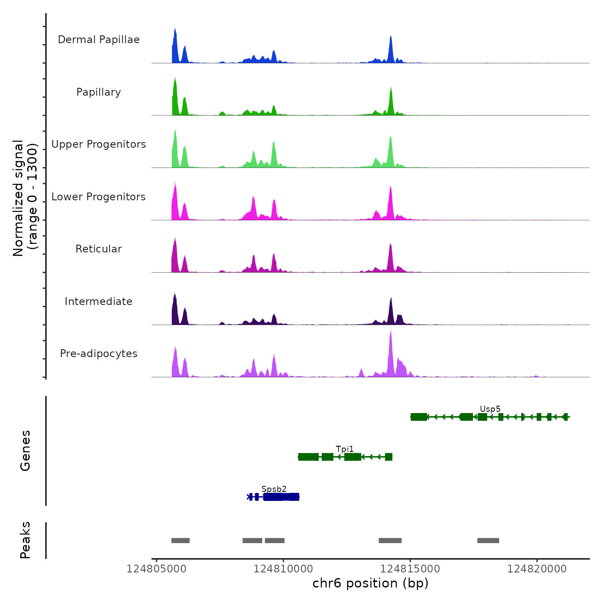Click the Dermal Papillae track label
tap(99, 40)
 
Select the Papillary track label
tap(99, 92)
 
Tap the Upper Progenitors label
tap(99, 144)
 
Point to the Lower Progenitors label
tap(99, 197)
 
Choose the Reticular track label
tap(99, 249)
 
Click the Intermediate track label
tap(99, 301)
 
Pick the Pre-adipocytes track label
tap(99, 354)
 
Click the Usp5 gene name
tap(490, 409)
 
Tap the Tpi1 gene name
tap(345, 449)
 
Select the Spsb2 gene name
tap(274, 489)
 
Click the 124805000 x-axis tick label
tap(156, 569)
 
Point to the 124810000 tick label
tap(283, 569)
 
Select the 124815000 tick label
tap(410, 569)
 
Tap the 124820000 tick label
tap(537, 569)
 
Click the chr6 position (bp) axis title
tap(370, 584)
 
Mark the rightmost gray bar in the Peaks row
tap(488, 541)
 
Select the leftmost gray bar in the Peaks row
tap(180, 541)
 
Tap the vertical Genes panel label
tap(25, 451)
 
